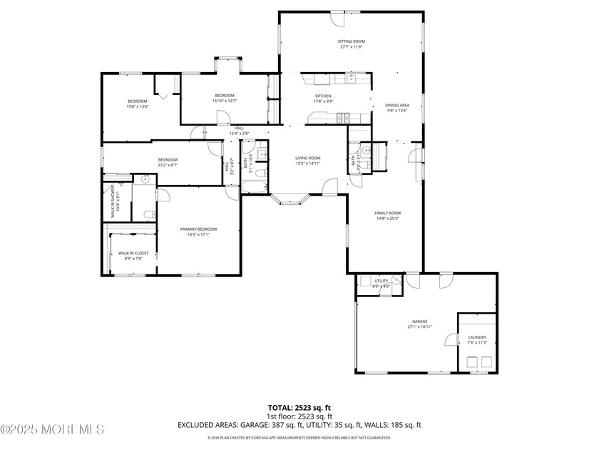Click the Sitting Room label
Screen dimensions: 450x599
tap(351, 41)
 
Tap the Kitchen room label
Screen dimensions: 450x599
tap(324, 96)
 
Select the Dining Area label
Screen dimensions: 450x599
tap(397, 105)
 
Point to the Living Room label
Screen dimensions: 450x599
tap(308, 158)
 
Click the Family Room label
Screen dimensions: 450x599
tap(388, 213)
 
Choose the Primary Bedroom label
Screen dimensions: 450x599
tap(198, 229)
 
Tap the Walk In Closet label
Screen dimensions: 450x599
tap(133, 253)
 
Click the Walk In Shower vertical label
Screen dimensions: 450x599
tap(112, 201)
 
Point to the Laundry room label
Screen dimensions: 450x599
tap(476, 337)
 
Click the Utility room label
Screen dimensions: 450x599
tap(382, 281)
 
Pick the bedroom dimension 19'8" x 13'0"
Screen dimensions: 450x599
tap(138, 106)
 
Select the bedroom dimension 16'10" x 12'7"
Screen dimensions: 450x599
tap(225, 101)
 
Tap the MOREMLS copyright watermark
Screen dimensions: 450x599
tap(53, 429)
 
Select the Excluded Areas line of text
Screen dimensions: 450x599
tap(299, 425)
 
